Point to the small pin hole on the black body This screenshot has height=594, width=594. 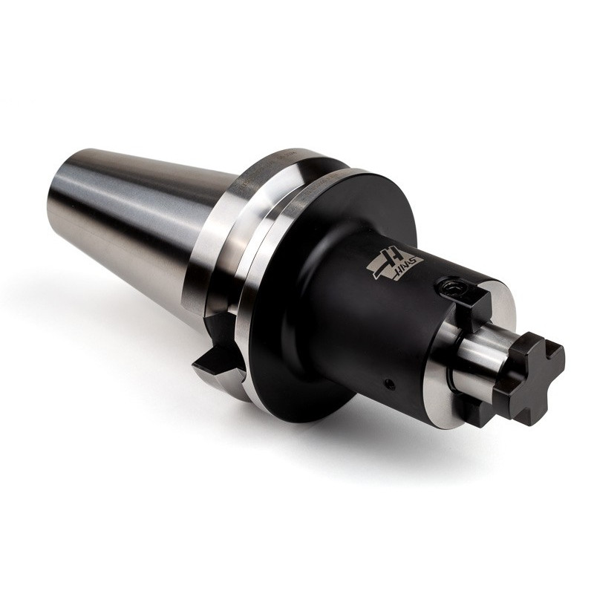click(388, 384)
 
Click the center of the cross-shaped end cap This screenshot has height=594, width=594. click(532, 375)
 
